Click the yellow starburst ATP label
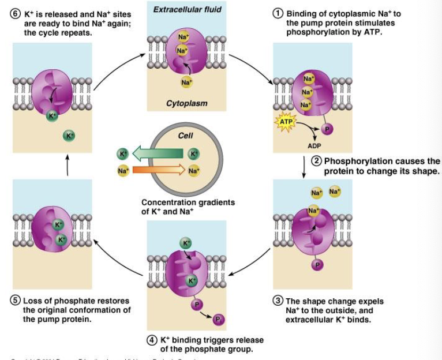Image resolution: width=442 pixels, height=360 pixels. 286,122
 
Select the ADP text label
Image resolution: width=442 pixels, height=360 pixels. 314,146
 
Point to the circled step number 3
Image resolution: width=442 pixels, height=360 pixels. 278,301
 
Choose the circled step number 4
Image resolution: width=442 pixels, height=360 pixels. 152,340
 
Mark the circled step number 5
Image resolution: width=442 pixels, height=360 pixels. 16,301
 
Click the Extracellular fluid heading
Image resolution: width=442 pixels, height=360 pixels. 179,10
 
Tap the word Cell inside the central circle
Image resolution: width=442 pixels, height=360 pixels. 186,136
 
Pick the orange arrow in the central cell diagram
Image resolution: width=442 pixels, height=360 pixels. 158,170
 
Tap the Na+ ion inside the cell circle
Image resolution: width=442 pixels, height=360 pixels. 193,171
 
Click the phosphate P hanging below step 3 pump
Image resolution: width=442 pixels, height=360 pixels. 317,264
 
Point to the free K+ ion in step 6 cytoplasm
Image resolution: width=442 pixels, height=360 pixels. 69,136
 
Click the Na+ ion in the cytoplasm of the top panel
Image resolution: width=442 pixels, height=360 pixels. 186,83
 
